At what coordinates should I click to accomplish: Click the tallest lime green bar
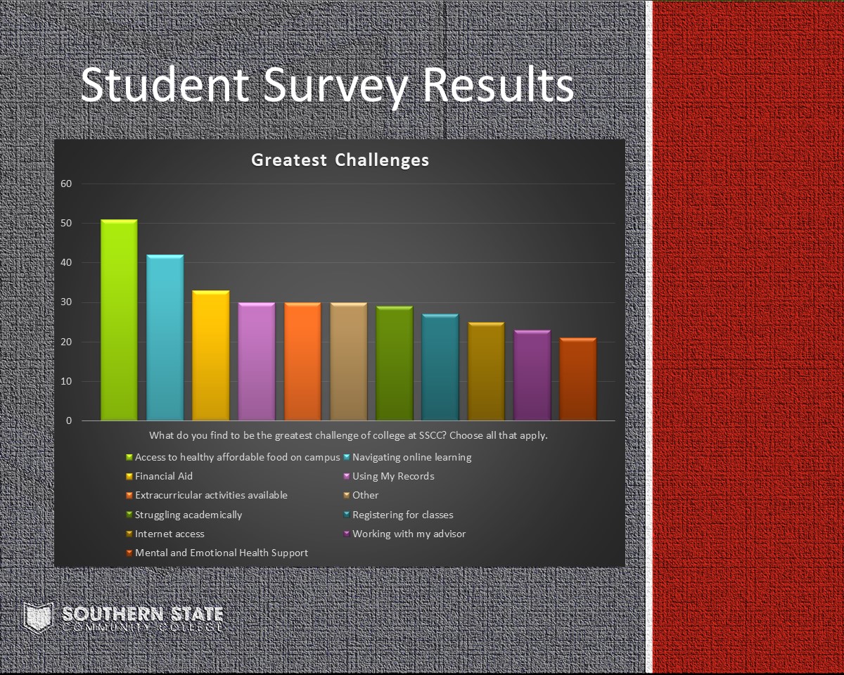pyautogui.click(x=119, y=320)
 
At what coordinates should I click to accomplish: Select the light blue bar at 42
pyautogui.click(x=165, y=337)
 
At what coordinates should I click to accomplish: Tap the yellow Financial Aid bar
pyautogui.click(x=210, y=355)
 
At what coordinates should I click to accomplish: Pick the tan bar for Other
pyautogui.click(x=349, y=361)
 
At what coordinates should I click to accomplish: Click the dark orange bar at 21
pyautogui.click(x=578, y=379)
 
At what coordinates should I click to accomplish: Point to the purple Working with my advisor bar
pyautogui.click(x=532, y=375)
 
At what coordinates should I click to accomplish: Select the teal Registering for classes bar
pyautogui.click(x=440, y=367)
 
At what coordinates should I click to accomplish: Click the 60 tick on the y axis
pyautogui.click(x=66, y=184)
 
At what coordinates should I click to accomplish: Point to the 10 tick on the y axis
pyautogui.click(x=66, y=381)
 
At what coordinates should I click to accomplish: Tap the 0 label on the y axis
pyautogui.click(x=69, y=421)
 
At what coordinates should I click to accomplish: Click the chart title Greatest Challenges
pyautogui.click(x=340, y=160)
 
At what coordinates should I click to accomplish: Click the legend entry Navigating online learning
pyautogui.click(x=412, y=457)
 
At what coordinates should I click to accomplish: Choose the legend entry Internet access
pyautogui.click(x=170, y=534)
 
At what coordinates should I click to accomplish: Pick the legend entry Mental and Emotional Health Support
pyautogui.click(x=221, y=553)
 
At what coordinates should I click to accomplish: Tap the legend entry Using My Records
pyautogui.click(x=393, y=477)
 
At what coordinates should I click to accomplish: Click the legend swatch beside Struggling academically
pyautogui.click(x=129, y=515)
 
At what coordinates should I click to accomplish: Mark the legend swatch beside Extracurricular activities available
pyautogui.click(x=129, y=496)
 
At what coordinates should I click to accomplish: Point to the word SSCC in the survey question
pyautogui.click(x=431, y=435)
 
